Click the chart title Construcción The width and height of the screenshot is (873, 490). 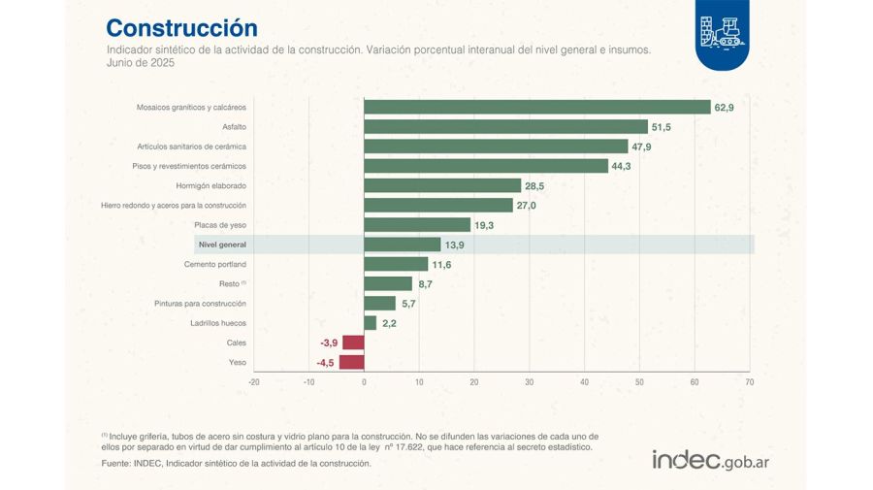click(181, 27)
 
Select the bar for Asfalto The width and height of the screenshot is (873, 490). click(505, 127)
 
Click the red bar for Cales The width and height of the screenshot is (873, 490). click(353, 343)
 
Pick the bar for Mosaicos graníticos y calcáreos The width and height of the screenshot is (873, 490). click(536, 108)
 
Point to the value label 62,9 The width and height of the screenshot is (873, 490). click(724, 108)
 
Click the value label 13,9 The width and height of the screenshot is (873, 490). click(454, 245)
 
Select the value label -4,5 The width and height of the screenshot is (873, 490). click(325, 363)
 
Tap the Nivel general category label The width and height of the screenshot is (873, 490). click(221, 245)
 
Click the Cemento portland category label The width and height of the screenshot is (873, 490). click(215, 264)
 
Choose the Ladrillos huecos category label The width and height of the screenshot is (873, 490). click(219, 323)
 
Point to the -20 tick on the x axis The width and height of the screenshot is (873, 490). click(254, 382)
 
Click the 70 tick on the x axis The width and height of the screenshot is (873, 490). click(749, 382)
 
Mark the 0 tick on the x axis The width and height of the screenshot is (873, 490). click(364, 382)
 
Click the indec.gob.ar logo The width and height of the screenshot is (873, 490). click(710, 460)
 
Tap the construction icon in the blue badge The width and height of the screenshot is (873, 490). click(721, 32)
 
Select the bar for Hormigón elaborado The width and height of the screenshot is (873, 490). click(442, 185)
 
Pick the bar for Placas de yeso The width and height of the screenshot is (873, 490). click(417, 225)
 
